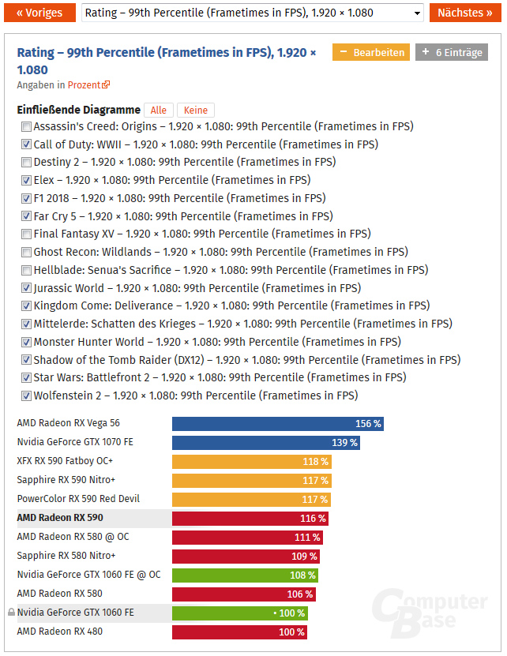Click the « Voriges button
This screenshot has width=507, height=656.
point(39,13)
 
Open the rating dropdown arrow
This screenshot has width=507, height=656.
point(417,13)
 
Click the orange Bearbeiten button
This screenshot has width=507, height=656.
point(370,53)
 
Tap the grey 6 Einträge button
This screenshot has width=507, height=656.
point(452,53)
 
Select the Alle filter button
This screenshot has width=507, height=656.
point(159,111)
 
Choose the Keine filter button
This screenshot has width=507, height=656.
point(195,111)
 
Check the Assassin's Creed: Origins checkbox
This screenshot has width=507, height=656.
point(27,126)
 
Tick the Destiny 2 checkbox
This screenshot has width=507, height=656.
point(27,163)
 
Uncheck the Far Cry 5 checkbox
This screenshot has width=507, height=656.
point(27,216)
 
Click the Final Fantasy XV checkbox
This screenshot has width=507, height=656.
point(27,234)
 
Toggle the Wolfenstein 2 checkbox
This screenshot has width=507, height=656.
point(27,396)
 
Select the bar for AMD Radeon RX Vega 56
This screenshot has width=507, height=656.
point(277,424)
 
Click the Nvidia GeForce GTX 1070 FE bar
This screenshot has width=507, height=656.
point(266,443)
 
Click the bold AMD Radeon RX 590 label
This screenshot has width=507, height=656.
point(60,518)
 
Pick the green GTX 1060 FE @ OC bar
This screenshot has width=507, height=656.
point(245,575)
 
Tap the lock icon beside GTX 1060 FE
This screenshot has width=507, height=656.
point(11,613)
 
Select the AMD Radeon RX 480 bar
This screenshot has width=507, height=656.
point(239,632)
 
